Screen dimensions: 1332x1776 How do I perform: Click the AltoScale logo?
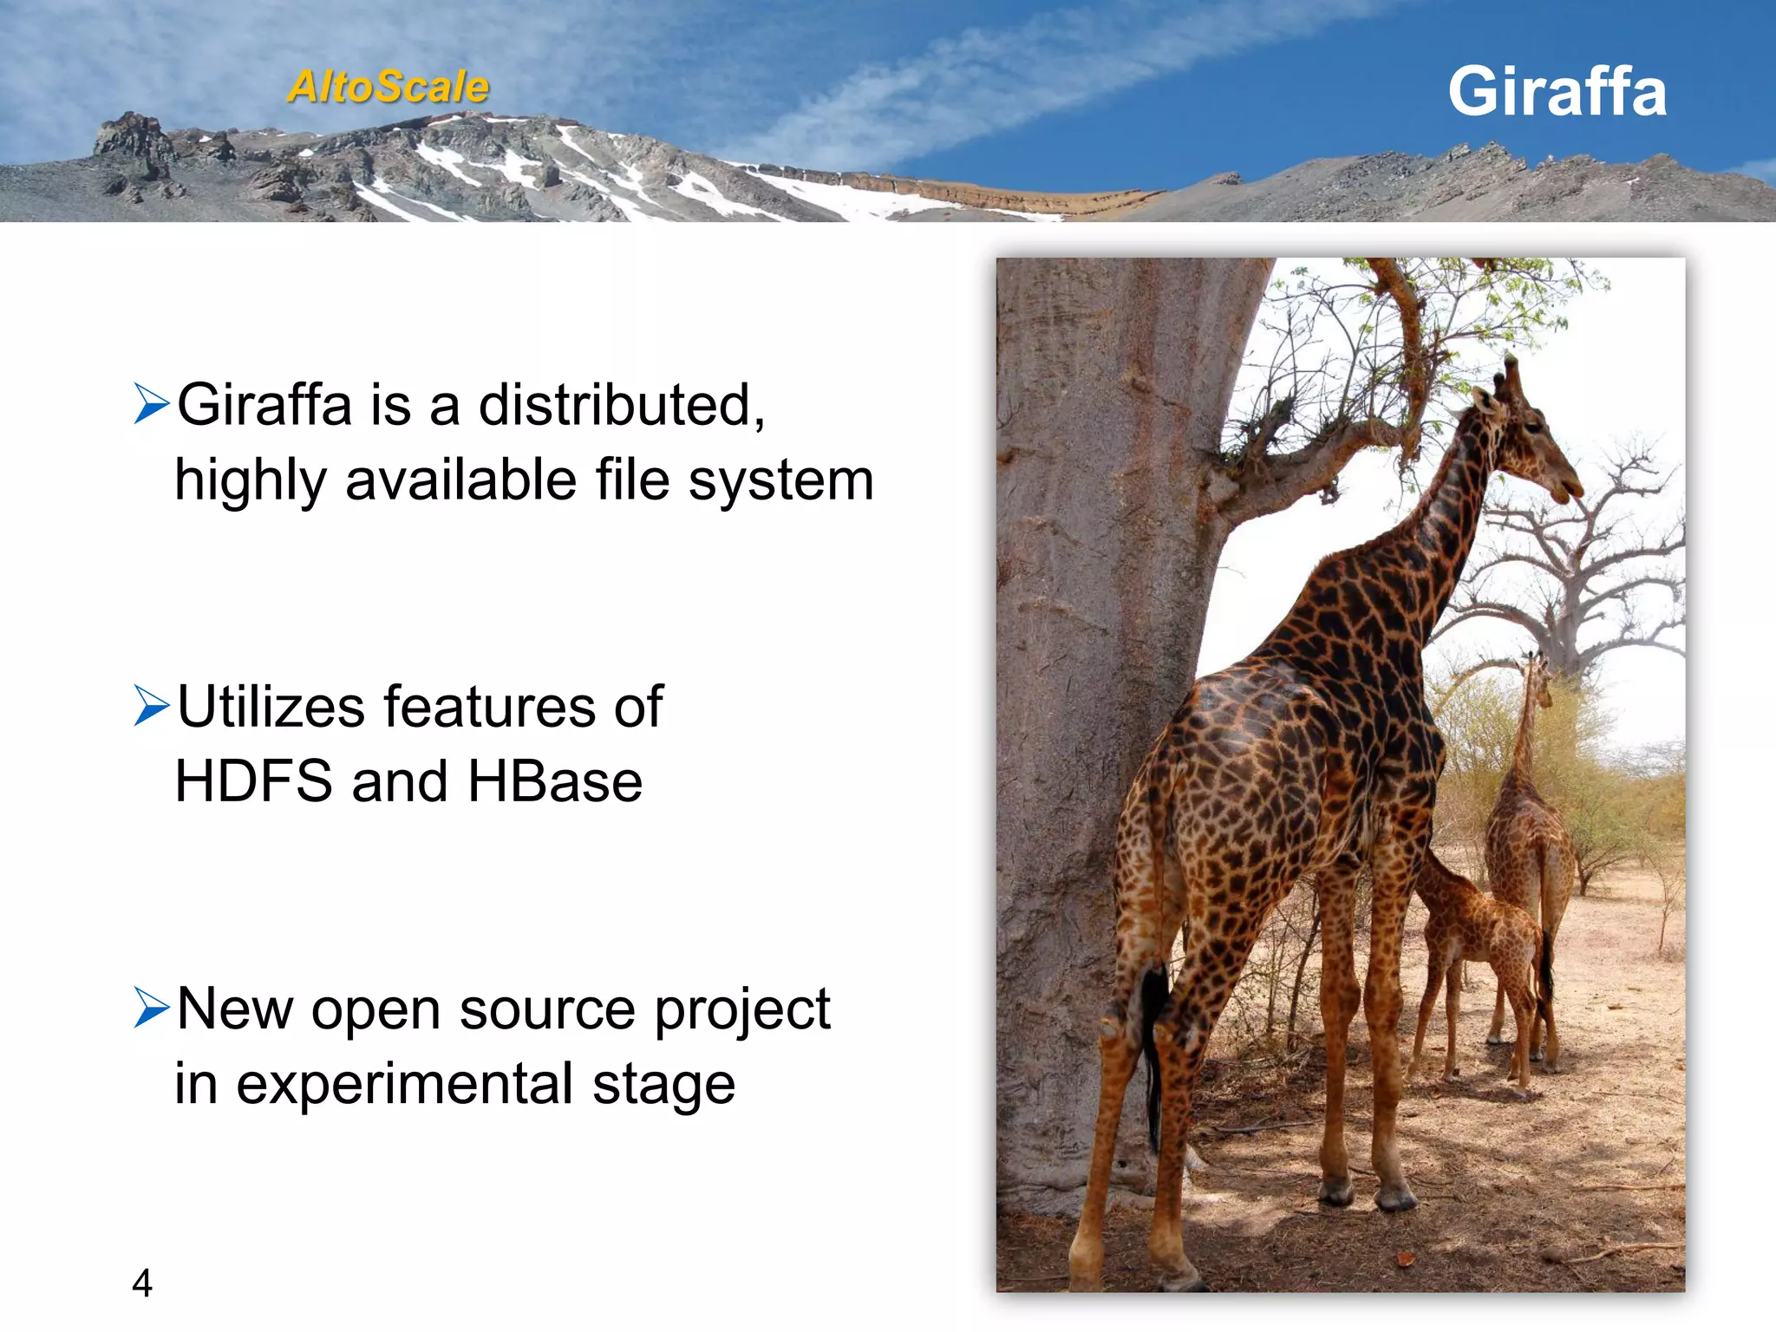(x=388, y=88)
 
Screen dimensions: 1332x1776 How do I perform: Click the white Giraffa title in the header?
(x=1557, y=92)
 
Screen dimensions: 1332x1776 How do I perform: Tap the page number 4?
(x=142, y=1283)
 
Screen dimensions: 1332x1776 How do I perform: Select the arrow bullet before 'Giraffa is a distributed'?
(x=151, y=404)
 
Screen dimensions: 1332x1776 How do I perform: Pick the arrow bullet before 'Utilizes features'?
(x=151, y=705)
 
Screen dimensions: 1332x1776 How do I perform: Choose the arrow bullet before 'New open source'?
(x=151, y=1007)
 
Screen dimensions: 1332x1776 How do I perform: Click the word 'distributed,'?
(x=622, y=405)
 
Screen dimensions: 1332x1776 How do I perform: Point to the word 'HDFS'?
(x=253, y=781)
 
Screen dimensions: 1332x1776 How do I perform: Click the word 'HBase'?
(x=555, y=781)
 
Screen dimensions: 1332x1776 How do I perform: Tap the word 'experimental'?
(x=404, y=1084)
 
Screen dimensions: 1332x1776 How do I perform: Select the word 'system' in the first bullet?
(x=780, y=480)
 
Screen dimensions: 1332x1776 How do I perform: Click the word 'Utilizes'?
(x=271, y=706)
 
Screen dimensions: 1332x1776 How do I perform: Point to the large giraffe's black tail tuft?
(x=1153, y=1015)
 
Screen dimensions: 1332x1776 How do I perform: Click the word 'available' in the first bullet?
(x=460, y=480)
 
